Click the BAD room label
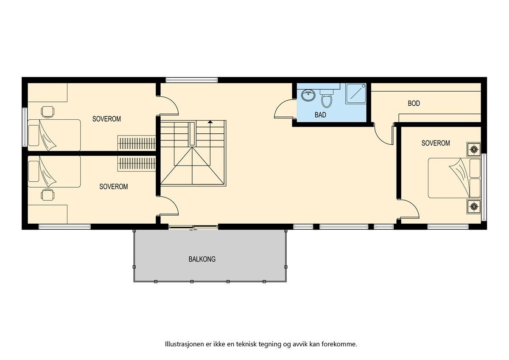tap(320, 115)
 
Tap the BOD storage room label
tap(414, 103)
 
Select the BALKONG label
tap(202, 259)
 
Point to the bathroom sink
tap(308, 95)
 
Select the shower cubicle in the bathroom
tap(355, 93)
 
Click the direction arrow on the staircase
tap(210, 122)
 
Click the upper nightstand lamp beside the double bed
tap(474, 149)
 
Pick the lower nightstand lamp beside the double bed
tap(474, 207)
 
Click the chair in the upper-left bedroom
tap(48, 112)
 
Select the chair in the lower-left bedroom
tap(48, 195)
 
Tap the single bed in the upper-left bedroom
tap(54, 135)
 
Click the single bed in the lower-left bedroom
tap(54, 172)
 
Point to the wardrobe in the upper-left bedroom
tap(137, 143)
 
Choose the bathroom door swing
tap(283, 110)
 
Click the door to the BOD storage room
tap(384, 134)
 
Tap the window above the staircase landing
tap(191, 80)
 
